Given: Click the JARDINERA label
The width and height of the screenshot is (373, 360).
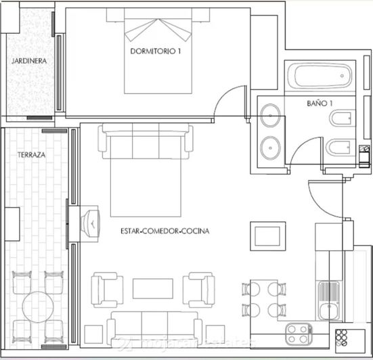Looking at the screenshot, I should click(28, 61).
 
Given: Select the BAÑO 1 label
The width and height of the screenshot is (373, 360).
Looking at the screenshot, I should click(320, 103).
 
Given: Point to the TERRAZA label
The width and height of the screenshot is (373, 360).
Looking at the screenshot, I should click(32, 155).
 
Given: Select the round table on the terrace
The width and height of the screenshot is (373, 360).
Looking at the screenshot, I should click(39, 308).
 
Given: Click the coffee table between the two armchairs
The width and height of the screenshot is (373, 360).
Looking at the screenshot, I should click(152, 288).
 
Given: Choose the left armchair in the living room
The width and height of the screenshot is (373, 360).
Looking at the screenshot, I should click(107, 289).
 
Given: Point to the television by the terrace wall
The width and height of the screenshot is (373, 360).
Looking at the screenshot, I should click(89, 221).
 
